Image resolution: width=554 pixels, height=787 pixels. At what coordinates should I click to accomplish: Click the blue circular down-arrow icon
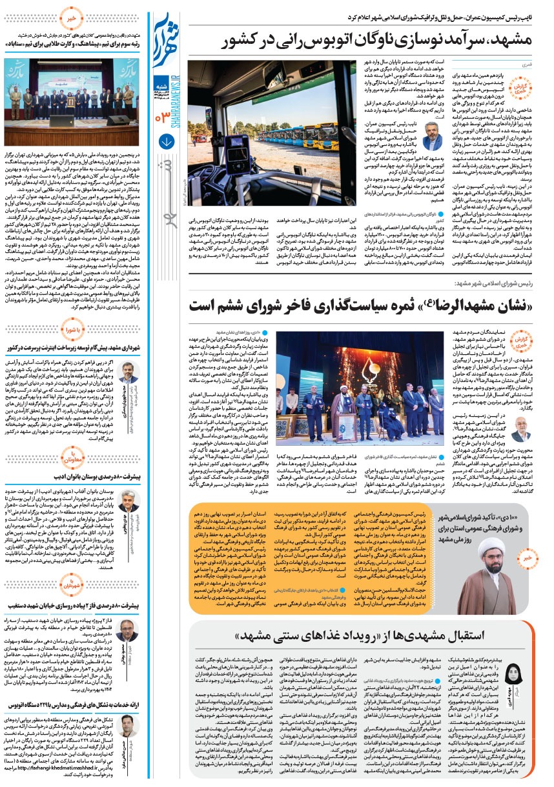166,141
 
